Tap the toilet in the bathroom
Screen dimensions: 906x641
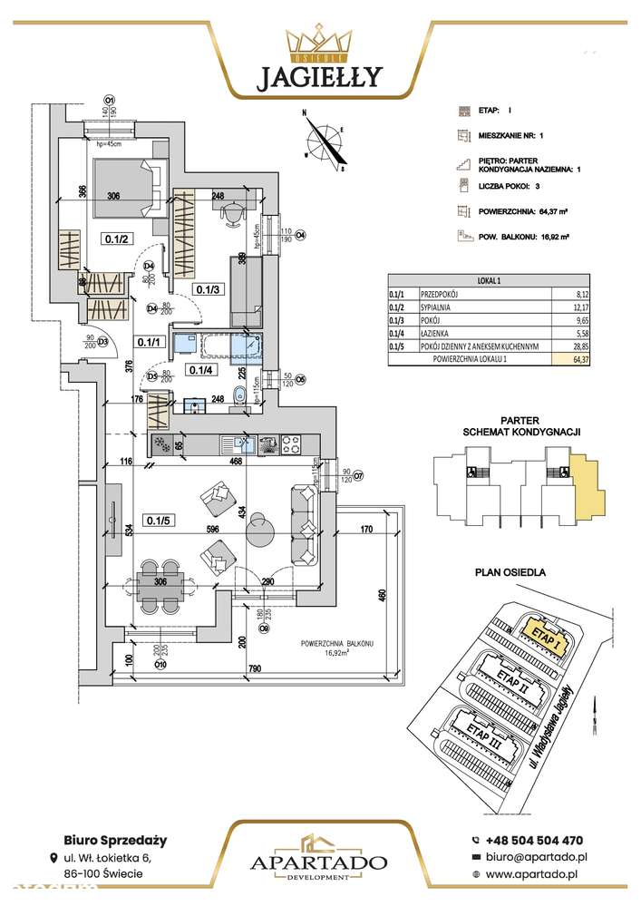pos(238,396)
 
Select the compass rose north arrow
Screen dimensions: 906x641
pos(325,141)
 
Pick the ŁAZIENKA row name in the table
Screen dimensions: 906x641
pos(440,333)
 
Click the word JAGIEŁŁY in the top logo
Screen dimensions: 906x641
pos(320,77)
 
